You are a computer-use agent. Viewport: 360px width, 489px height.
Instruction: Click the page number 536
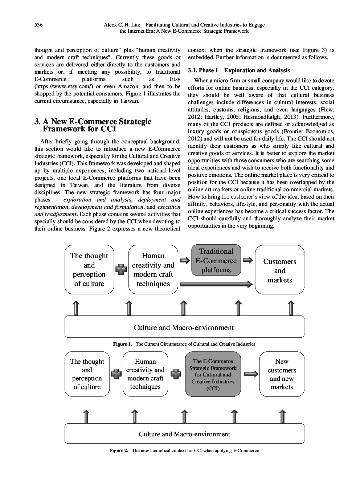[x=38, y=25]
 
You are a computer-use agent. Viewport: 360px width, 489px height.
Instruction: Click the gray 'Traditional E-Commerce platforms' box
[x=216, y=261]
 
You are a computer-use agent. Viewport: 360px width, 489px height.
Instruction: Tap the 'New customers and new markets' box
[x=282, y=374]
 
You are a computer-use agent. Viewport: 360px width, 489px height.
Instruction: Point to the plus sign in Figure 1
[x=120, y=269]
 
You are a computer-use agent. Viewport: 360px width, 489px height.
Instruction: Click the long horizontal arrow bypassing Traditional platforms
[x=216, y=284]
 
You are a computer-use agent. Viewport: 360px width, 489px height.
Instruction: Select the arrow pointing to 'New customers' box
[x=251, y=374]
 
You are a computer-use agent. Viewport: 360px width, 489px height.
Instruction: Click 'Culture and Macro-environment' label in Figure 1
[x=184, y=327]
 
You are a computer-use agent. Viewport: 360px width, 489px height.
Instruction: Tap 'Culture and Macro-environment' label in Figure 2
[x=184, y=434]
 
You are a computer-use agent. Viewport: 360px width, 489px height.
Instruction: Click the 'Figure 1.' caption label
[x=122, y=344]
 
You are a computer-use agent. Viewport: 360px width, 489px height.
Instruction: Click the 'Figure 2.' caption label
[x=119, y=451]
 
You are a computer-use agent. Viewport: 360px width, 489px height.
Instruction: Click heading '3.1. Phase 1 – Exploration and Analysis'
[x=239, y=70]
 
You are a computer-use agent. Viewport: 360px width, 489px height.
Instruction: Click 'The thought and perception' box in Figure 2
[x=87, y=374]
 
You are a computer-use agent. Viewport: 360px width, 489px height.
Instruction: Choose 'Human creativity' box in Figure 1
[x=153, y=270]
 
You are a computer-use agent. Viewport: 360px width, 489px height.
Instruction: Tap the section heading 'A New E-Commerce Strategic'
[x=93, y=121]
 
